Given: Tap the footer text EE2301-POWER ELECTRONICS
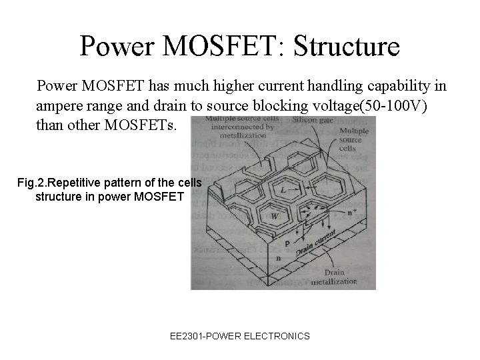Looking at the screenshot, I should (x=240, y=336).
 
